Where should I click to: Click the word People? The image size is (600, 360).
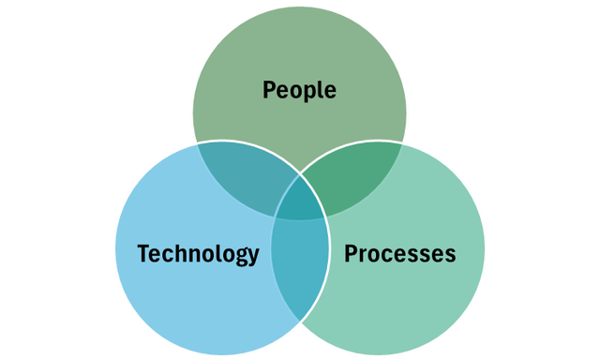299,90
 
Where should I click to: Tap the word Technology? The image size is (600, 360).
198,254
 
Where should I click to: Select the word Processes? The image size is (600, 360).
400,253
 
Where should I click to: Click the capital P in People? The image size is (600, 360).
269,89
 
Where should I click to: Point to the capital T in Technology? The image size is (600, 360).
143,252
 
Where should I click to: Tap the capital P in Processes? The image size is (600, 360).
351,253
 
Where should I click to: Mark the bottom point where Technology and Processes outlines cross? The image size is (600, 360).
300,321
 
